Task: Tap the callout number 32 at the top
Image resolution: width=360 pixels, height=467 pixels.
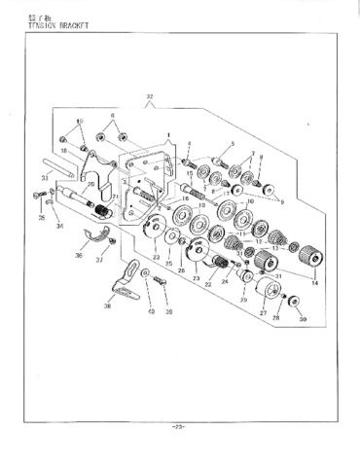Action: tap(149, 97)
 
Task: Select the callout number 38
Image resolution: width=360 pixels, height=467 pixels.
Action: tap(108, 305)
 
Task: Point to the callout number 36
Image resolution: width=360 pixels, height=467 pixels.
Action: tap(78, 256)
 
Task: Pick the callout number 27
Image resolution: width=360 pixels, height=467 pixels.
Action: tap(262, 314)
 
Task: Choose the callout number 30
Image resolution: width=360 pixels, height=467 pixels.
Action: tap(303, 320)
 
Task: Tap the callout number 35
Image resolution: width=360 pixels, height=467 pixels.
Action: tap(41, 219)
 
